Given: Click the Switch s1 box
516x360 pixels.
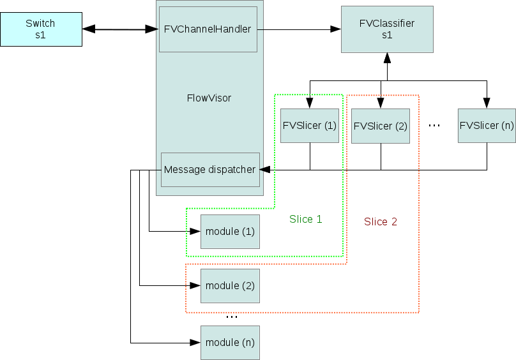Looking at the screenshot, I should pos(41,29).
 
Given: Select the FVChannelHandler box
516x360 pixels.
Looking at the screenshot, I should pos(208,29).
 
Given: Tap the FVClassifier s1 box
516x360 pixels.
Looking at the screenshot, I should pos(387,29).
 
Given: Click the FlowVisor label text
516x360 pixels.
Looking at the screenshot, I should pos(209,98).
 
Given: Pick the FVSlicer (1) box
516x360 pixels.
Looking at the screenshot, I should pos(310,125).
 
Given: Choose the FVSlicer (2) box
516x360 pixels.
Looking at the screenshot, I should pos(381,126).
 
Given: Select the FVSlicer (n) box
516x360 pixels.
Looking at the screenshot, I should pos(487,125).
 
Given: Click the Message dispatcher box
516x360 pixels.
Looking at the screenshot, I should pos(210,170).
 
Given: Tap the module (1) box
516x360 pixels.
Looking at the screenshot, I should pos(230,231).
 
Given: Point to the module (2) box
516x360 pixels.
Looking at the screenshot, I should pos(230,285).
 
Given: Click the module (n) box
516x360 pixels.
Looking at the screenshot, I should pos(230,343).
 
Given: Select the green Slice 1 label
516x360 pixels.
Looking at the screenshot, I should pos(306,219).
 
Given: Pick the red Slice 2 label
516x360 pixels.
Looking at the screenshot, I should pos(381,222).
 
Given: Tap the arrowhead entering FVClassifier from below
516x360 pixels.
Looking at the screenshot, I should pos(387,58).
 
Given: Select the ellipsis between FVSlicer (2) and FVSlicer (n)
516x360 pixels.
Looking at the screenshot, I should pos(434,126).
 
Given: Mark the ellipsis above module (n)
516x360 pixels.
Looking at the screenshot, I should pos(232,317).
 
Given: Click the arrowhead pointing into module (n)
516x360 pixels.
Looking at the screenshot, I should pos(195,343).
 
